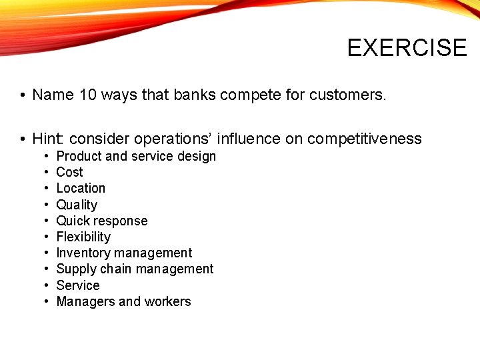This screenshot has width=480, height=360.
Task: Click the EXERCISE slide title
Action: (x=407, y=48)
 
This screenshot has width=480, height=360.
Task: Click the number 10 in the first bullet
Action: (x=87, y=95)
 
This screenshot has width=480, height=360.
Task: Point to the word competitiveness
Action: (x=365, y=139)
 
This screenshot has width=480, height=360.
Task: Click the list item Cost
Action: (x=69, y=172)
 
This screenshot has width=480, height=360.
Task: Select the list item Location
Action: (x=81, y=188)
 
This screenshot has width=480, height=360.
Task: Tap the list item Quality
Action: (x=77, y=205)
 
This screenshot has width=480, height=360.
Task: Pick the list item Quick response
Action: (x=102, y=221)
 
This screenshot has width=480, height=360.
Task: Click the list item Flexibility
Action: (x=83, y=237)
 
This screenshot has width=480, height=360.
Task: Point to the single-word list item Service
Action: (x=78, y=285)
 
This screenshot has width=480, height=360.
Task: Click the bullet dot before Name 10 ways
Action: (x=22, y=96)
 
